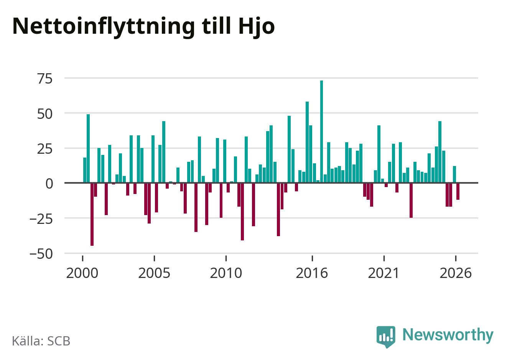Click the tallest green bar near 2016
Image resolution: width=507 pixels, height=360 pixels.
[x=321, y=132]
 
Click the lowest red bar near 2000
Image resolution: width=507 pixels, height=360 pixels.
[x=92, y=214]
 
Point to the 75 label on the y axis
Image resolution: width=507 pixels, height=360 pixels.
[x=45, y=79]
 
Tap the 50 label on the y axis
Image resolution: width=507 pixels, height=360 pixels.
[x=45, y=114]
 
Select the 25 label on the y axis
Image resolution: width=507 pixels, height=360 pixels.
[x=45, y=149]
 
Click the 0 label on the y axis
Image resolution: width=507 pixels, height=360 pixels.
[x=49, y=184]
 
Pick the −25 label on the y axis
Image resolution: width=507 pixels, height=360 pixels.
[x=41, y=219]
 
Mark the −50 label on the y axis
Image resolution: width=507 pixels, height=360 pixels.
[x=41, y=254]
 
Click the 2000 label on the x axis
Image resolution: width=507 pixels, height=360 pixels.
[x=82, y=273]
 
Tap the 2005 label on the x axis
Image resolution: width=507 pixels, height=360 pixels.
[x=154, y=273]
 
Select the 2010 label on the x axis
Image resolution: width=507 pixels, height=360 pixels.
[x=226, y=273]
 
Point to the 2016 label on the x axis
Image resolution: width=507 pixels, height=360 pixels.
[x=312, y=273]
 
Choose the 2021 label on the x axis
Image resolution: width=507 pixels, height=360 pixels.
[x=384, y=273]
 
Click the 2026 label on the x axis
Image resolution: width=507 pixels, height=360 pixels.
[x=456, y=273]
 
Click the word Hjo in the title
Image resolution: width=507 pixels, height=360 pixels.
[x=257, y=27]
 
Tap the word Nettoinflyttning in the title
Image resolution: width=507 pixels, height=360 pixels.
[x=104, y=27]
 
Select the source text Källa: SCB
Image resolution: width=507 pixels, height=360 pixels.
[x=41, y=341]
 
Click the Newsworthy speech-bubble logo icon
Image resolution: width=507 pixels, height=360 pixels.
[x=386, y=337]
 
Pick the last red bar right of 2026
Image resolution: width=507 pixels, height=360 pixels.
[x=458, y=191]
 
